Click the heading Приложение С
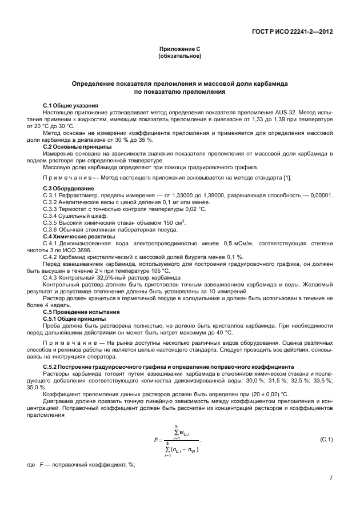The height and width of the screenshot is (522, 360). click(x=179, y=50)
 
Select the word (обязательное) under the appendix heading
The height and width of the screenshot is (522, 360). click(x=179, y=57)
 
